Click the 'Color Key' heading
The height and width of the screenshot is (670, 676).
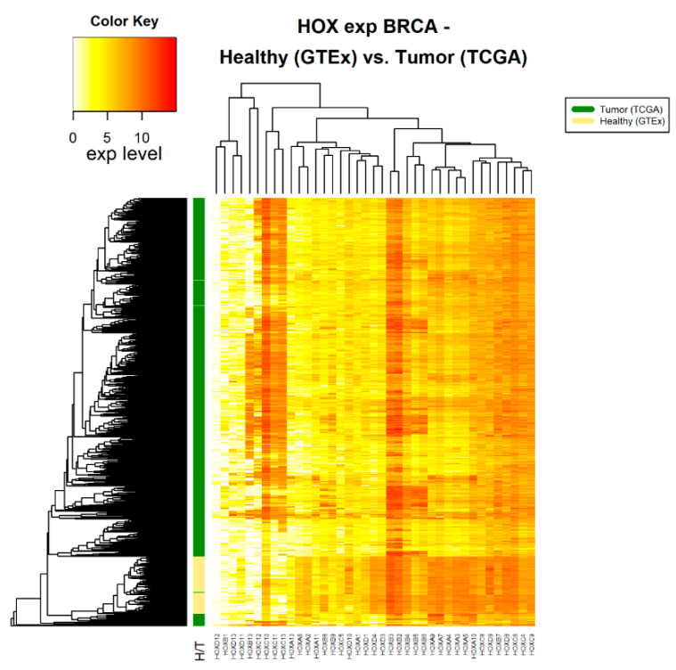click(125, 20)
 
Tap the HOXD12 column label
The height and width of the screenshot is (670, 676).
click(217, 644)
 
